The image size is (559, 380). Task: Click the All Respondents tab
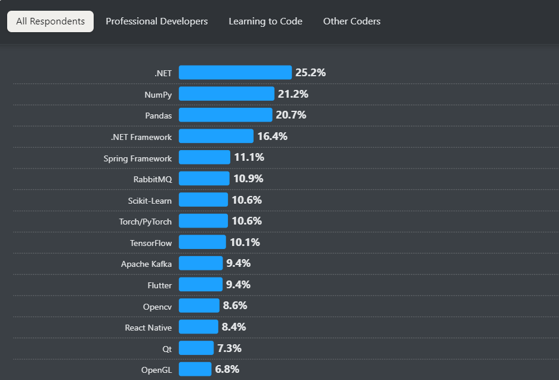[x=50, y=21]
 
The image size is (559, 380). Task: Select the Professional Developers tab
[x=157, y=21]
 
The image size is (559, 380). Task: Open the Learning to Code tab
[x=265, y=21]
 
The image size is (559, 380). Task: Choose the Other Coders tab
[x=352, y=21]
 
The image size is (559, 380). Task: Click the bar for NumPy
[x=226, y=94]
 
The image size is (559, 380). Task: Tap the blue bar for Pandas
[x=225, y=115]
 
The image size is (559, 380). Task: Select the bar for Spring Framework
[x=204, y=158]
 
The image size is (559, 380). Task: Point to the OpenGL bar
[x=195, y=369]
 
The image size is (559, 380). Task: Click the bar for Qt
[x=196, y=348]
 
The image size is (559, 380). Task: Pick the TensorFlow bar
[x=202, y=242]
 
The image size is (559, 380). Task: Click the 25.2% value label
[x=310, y=73]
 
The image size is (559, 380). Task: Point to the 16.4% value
[x=272, y=136]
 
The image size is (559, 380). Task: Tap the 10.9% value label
[x=248, y=179]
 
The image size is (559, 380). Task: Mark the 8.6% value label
[x=235, y=306]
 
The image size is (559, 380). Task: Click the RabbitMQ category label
[x=152, y=179]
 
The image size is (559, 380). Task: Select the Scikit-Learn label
[x=149, y=201]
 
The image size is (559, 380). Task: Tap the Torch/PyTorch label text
[x=145, y=222]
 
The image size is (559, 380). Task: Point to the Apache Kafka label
[x=146, y=264]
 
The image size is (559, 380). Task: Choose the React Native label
[x=148, y=328]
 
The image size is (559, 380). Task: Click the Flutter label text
[x=159, y=285]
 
